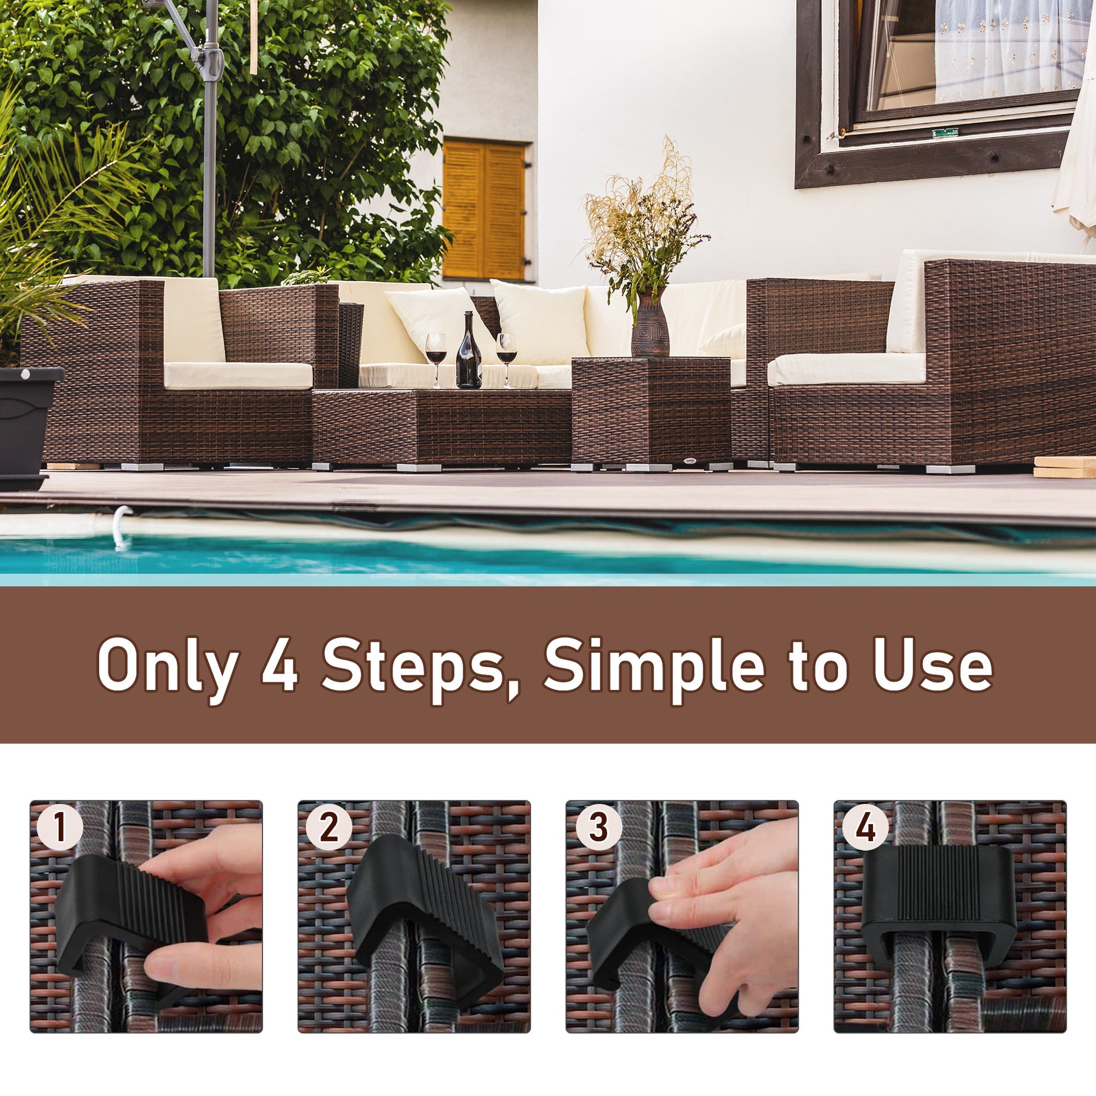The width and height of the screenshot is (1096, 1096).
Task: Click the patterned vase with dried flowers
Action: (650, 323)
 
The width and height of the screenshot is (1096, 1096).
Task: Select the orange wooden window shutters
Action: (484, 211)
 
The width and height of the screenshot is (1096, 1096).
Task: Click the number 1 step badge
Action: (60, 827)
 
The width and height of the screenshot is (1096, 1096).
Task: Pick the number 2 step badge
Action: (328, 827)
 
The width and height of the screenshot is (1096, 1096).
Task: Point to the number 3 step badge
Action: (598, 827)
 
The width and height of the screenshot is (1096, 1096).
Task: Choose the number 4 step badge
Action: (865, 827)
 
